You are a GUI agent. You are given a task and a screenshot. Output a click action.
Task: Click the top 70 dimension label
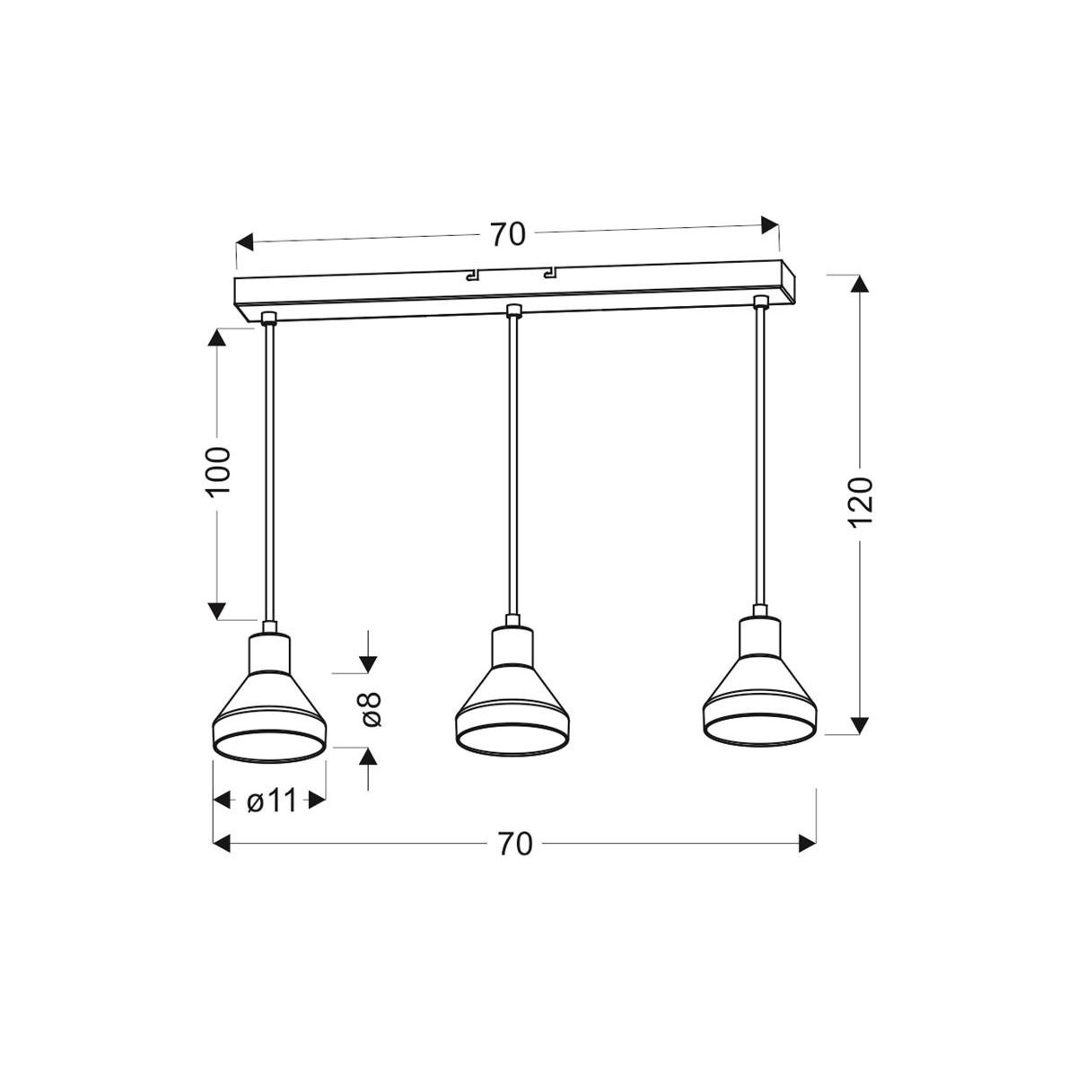507,234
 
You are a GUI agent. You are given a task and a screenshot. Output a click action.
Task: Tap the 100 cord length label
220,470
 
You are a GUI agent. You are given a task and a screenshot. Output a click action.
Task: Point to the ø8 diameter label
370,709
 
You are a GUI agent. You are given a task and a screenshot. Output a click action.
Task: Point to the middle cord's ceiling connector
513,311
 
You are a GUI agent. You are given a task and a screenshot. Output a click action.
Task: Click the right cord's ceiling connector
760,301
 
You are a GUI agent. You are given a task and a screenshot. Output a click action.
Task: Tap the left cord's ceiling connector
267,317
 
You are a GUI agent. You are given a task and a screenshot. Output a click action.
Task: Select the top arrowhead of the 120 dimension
860,283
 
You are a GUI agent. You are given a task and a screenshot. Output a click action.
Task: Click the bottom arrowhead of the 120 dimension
860,723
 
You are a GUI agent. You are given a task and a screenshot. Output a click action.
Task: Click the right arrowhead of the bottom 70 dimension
806,843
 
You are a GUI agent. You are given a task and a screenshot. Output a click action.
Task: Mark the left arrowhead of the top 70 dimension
245,242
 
